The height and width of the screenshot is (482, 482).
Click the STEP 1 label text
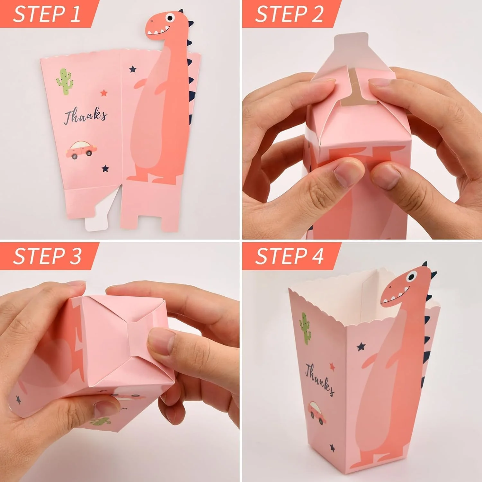coord(46,14)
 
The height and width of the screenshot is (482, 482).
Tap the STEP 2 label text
coord(289,14)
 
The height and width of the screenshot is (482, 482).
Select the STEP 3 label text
coord(47,256)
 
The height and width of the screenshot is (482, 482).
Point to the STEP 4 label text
coord(289,256)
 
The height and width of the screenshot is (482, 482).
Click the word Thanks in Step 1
coord(85,116)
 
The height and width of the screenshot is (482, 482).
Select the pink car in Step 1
coord(81,150)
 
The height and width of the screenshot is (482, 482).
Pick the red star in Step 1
coord(103,93)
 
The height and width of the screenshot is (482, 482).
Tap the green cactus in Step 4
coord(305,328)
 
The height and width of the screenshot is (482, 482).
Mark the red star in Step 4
coord(332,366)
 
